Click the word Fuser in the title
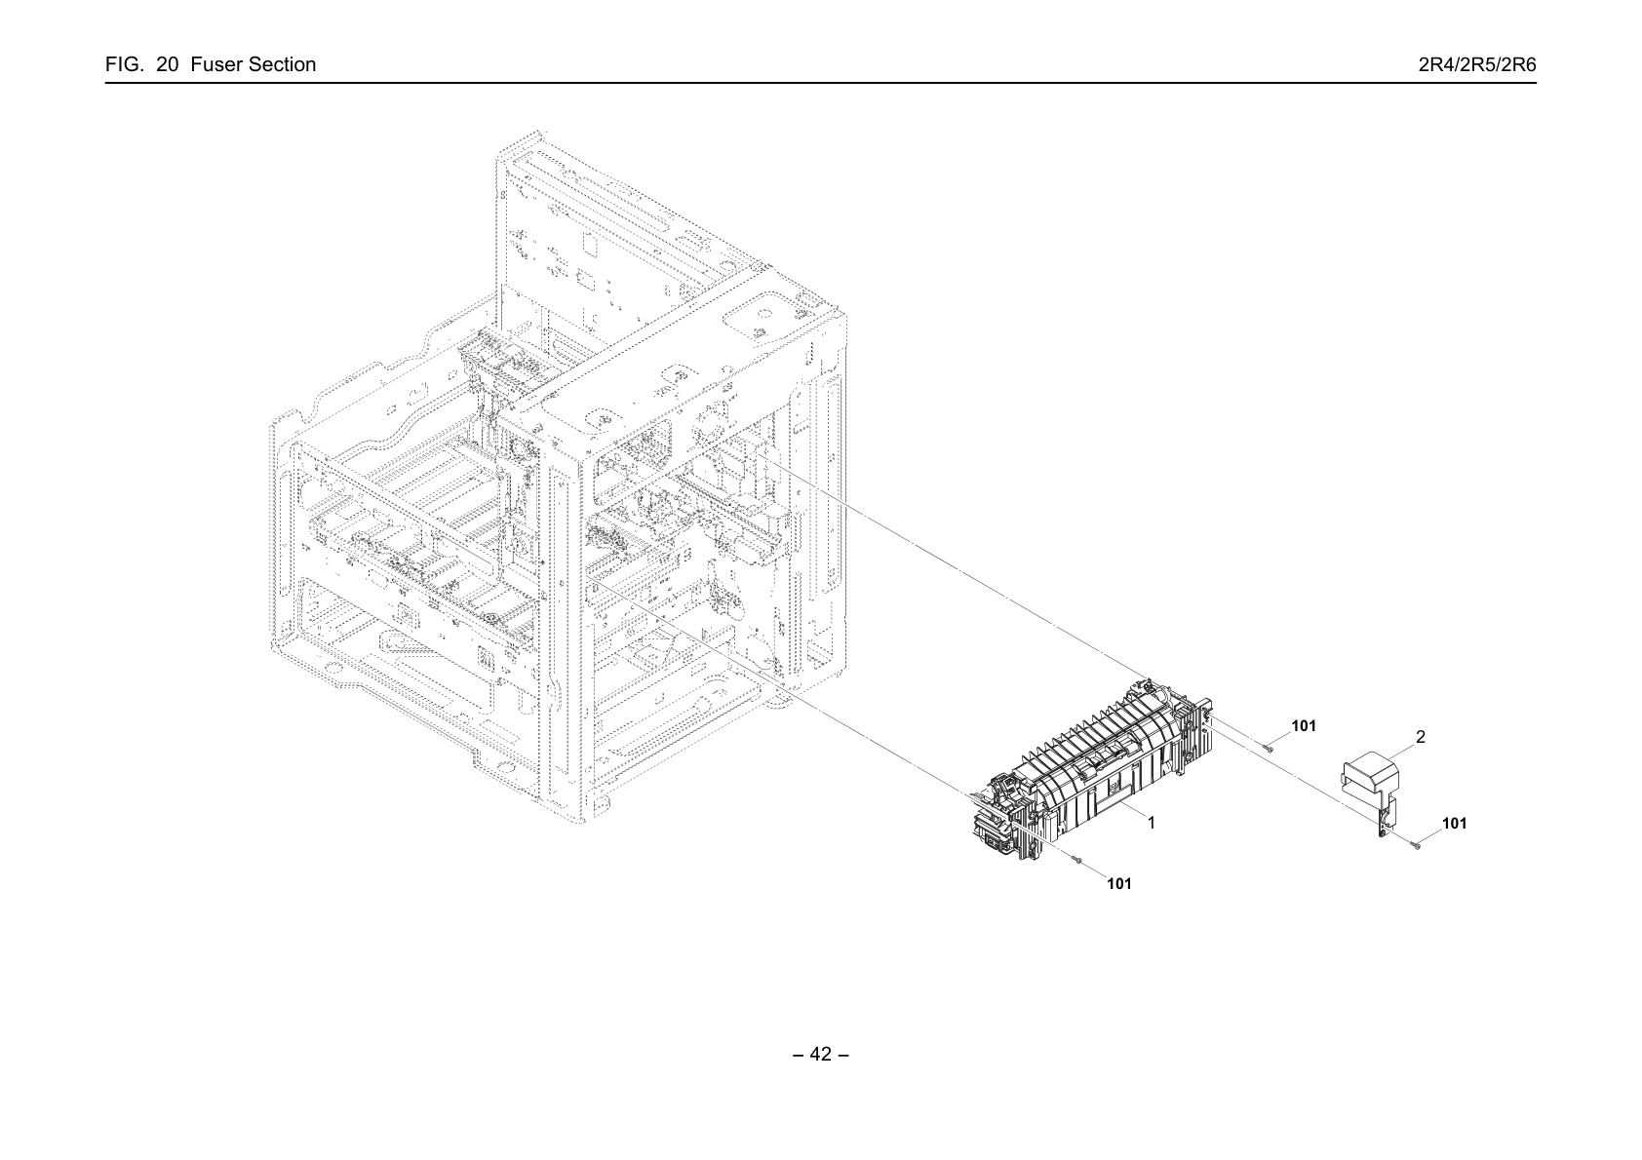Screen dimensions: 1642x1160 click(215, 64)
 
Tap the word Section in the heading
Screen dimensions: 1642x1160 click(282, 64)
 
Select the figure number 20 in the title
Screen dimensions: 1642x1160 click(167, 64)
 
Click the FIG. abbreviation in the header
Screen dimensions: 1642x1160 click(124, 64)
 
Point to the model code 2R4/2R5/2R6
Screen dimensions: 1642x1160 click(1477, 64)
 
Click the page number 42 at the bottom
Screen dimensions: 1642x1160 click(820, 1054)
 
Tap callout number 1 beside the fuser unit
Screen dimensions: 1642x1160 click(1151, 823)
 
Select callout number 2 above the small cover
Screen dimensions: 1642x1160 click(1420, 737)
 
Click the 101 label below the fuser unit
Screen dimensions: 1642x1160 click(1118, 884)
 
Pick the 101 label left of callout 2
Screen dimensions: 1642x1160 click(1304, 725)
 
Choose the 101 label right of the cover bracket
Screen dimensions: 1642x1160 click(1455, 824)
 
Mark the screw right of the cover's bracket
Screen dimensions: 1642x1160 click(1418, 846)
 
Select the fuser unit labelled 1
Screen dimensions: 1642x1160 click(1091, 769)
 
